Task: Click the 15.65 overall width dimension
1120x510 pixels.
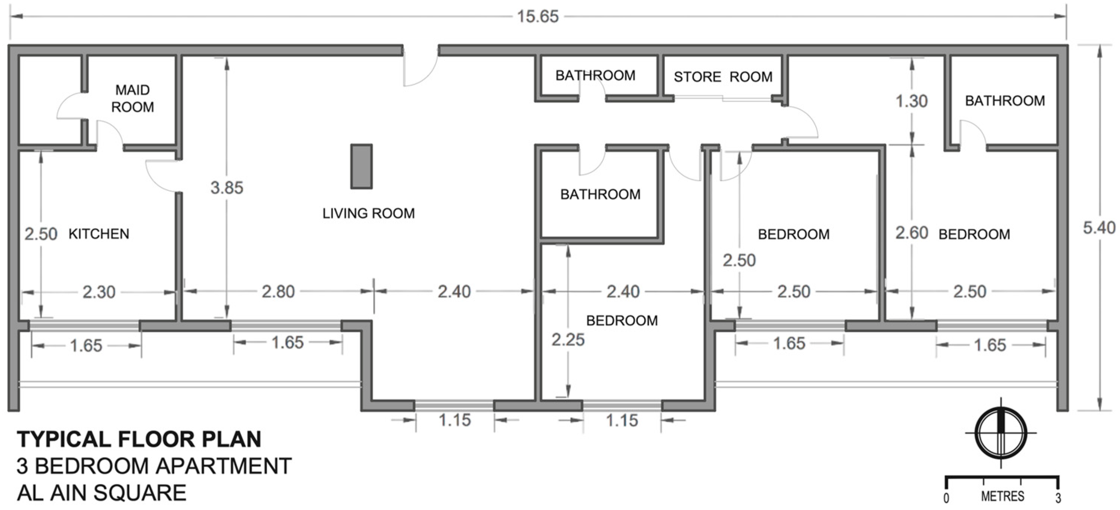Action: click(537, 16)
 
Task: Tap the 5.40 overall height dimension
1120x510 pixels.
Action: click(1099, 227)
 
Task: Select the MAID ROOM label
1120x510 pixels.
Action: click(133, 98)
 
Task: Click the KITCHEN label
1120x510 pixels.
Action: click(99, 234)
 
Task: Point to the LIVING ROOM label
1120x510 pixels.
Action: click(368, 213)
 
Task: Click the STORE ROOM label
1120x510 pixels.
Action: click(722, 77)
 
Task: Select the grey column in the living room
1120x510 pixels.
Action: click(361, 166)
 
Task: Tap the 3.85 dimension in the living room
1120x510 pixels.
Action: click(227, 188)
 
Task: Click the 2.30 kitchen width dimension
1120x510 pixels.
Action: click(99, 292)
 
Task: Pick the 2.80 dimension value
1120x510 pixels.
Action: click(278, 291)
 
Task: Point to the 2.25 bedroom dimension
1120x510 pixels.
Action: click(568, 340)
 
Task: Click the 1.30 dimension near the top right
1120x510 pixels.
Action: click(911, 101)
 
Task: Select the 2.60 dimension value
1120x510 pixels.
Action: click(911, 233)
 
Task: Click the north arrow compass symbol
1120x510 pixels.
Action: click(1001, 433)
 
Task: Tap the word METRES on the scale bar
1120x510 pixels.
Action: click(1002, 496)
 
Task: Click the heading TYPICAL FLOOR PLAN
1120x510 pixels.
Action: click(139, 439)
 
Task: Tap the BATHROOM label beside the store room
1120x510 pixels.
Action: click(595, 76)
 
